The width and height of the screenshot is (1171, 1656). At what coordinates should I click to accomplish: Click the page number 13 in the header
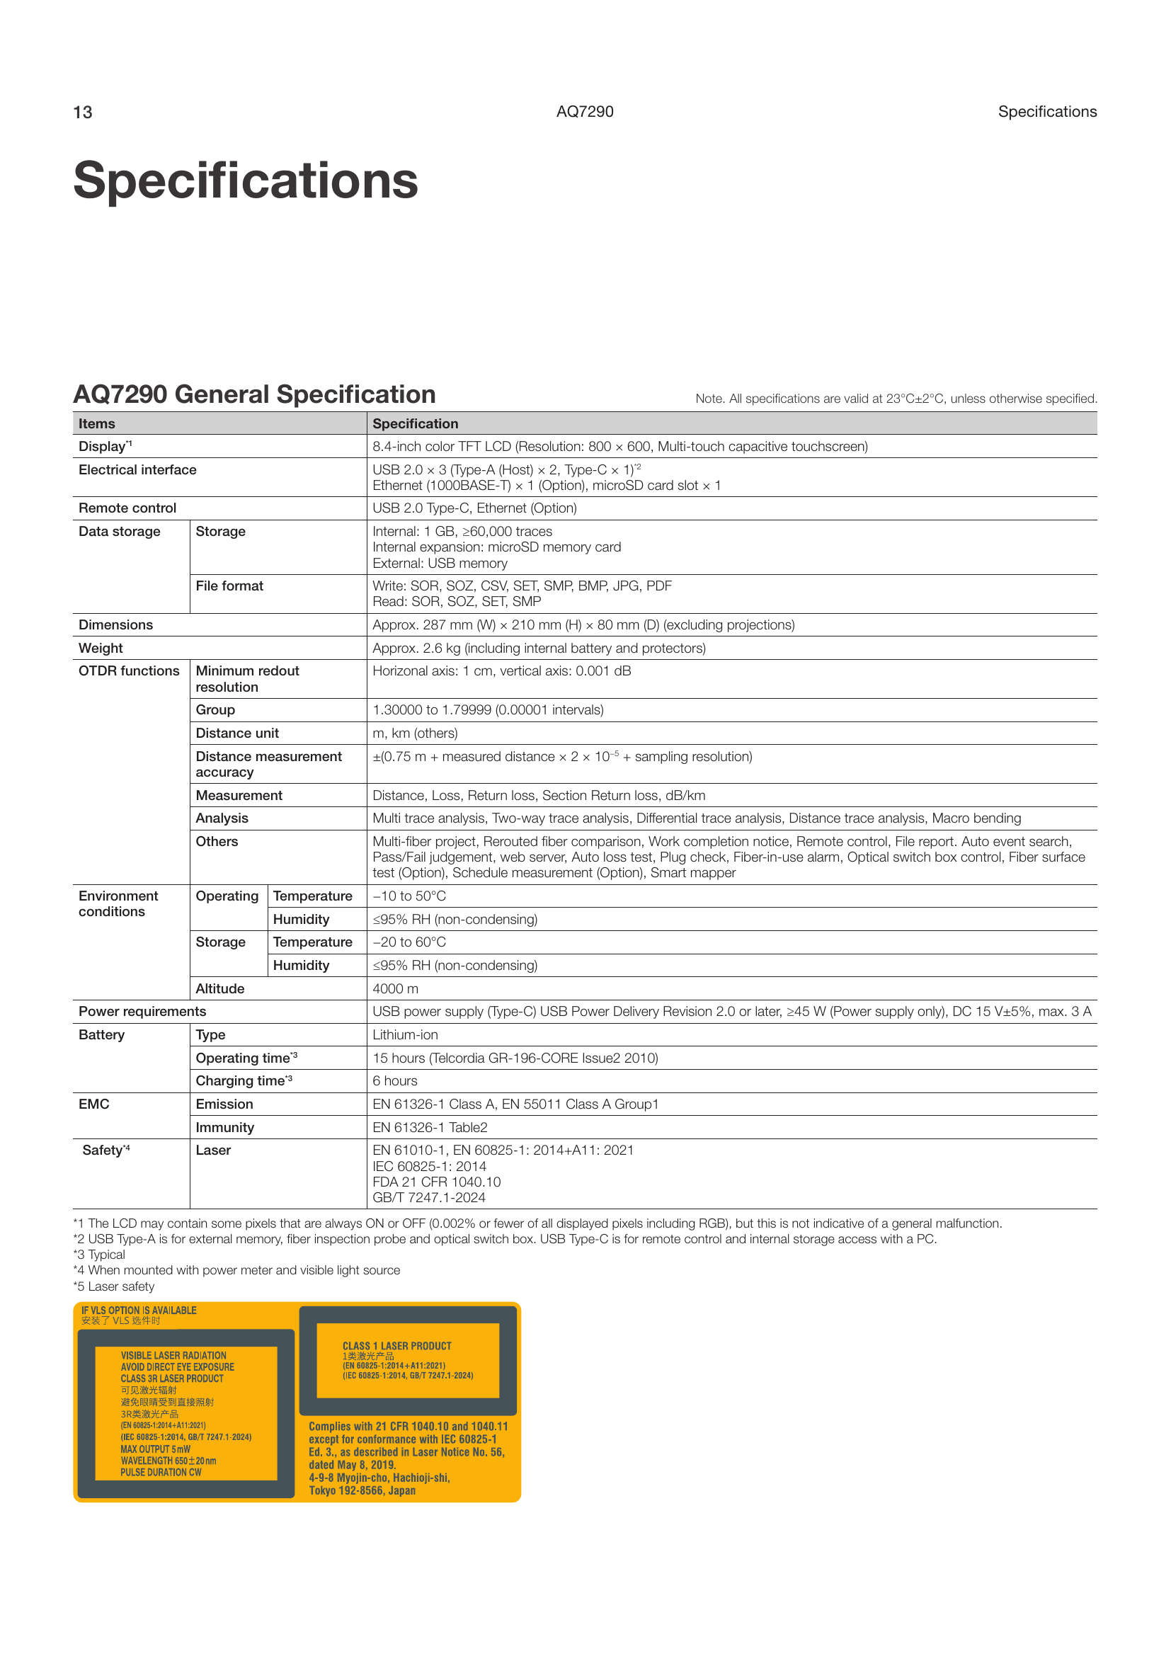(83, 113)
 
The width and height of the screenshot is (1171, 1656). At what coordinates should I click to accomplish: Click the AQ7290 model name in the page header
(585, 112)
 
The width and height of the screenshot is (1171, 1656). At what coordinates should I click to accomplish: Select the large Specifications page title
(246, 181)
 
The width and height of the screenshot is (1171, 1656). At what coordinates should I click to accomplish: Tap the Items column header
(96, 423)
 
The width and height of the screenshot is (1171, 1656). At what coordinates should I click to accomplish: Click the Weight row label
(101, 648)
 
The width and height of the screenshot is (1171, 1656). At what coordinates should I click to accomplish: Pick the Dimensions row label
(115, 624)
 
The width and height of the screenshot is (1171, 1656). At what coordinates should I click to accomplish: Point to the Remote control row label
(127, 508)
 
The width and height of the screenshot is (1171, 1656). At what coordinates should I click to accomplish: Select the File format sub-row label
(229, 586)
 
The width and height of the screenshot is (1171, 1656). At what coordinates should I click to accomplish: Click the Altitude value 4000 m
(395, 988)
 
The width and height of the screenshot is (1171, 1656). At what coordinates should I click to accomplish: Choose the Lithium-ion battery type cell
(405, 1034)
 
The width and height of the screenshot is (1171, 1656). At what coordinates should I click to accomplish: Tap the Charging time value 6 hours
(395, 1080)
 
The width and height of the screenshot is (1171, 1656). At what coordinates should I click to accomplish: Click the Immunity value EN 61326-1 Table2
(430, 1126)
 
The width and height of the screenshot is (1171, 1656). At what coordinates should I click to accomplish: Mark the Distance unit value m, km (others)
(416, 733)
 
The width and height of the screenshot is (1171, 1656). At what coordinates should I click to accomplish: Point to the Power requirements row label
(142, 1011)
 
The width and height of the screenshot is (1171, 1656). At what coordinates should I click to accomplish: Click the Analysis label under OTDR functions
(222, 818)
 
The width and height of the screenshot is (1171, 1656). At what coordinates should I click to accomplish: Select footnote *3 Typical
(100, 1255)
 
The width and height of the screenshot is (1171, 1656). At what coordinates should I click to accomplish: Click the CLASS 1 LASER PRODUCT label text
(396, 1346)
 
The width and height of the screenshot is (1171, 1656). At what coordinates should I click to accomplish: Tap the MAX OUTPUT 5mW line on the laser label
(156, 1449)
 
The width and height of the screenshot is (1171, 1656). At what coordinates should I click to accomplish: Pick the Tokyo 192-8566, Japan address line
(362, 1491)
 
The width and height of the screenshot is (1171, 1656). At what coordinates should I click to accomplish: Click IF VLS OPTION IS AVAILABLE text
(139, 1310)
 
